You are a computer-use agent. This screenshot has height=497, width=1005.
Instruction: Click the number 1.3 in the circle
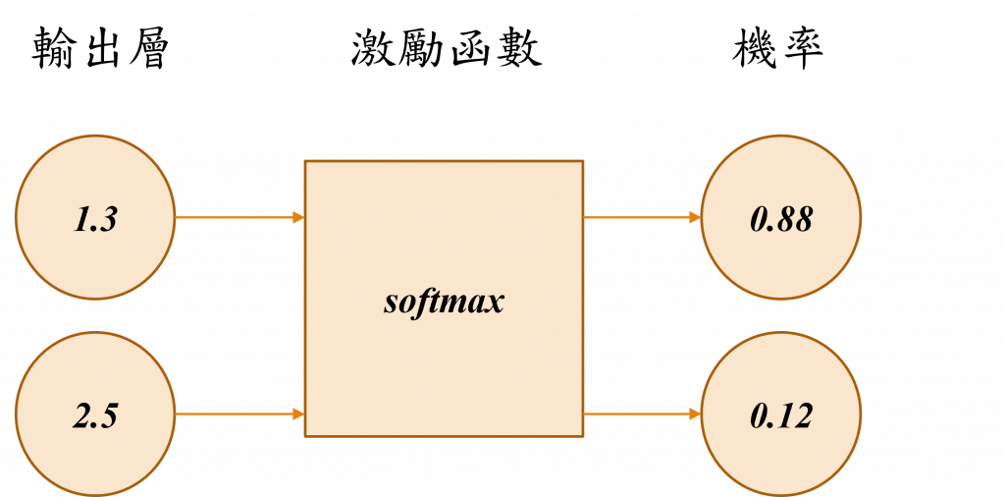[x=95, y=219]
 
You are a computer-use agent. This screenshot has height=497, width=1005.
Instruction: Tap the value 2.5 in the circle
[x=95, y=415]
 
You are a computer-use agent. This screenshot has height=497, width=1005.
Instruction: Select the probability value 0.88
[x=781, y=219]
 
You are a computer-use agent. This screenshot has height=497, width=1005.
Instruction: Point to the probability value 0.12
[x=781, y=415]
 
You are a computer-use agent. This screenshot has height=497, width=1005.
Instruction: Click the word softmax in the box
[x=444, y=300]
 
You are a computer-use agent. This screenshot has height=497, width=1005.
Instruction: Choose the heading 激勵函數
[x=447, y=49]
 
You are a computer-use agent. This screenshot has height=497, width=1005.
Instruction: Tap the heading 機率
[x=775, y=49]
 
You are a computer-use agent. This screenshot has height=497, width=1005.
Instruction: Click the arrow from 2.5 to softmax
[x=239, y=414]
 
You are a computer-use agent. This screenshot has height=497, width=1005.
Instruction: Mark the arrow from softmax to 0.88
[x=642, y=216]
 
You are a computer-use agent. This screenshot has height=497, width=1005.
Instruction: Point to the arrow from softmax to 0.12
[x=642, y=414]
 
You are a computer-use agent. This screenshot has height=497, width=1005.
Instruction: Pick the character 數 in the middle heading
[x=519, y=49]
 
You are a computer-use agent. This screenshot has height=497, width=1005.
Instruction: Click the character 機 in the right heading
[x=754, y=49]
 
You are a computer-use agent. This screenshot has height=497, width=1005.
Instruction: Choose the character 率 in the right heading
[x=799, y=49]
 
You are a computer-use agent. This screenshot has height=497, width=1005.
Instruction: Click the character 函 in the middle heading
[x=471, y=49]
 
